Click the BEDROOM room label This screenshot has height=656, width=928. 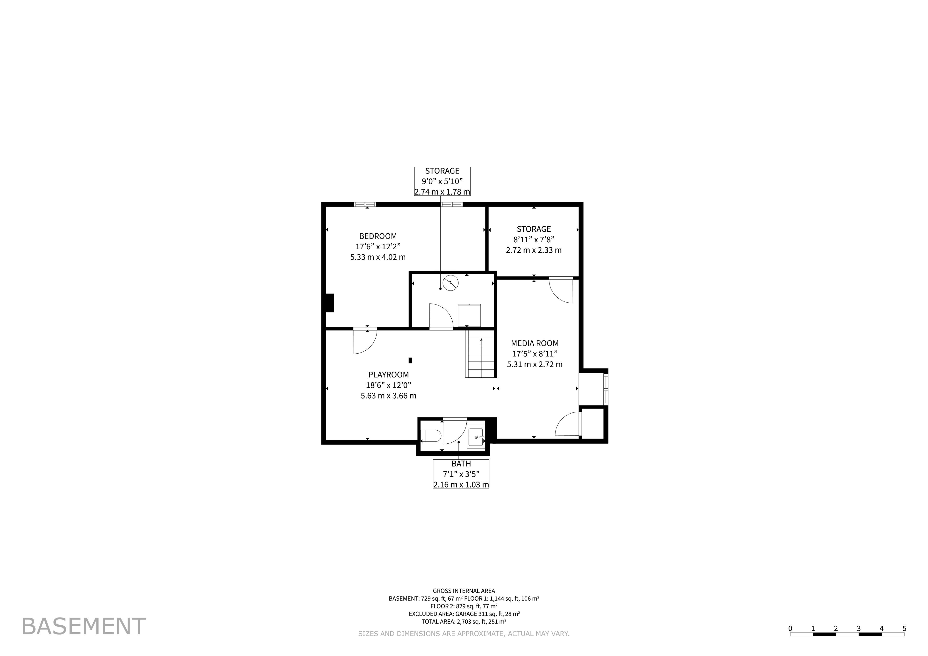378,236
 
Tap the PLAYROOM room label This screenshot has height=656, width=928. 388,375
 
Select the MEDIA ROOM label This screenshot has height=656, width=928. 535,343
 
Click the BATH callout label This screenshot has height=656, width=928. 461,464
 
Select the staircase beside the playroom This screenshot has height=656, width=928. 480,354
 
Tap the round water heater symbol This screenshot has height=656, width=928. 451,283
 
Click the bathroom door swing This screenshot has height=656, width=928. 455,431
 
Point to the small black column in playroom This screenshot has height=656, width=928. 410,360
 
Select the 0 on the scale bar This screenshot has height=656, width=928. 790,628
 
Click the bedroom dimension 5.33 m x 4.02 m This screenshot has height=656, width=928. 378,257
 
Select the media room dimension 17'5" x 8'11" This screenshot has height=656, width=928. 535,354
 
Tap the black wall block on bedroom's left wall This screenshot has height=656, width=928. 330,303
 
